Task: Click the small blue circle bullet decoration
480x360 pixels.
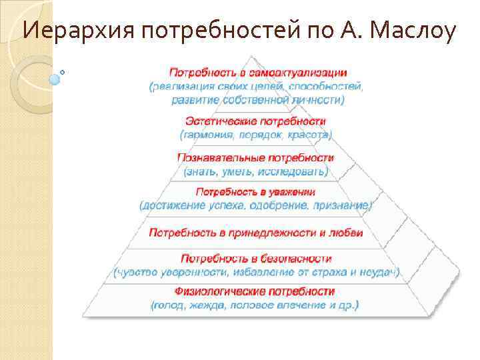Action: (x=55, y=78)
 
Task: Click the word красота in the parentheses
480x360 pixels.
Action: (x=309, y=135)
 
